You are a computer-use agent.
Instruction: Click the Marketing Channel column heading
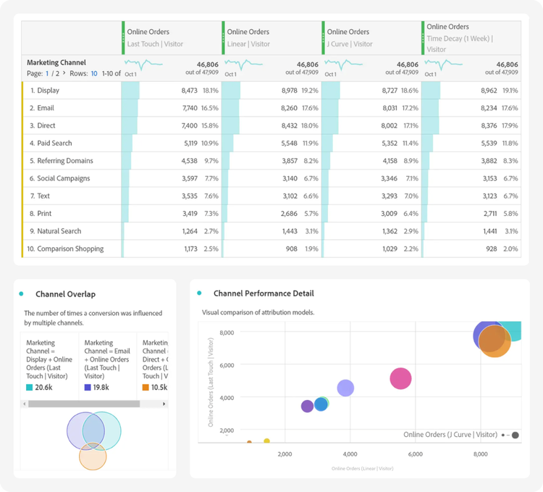point(56,62)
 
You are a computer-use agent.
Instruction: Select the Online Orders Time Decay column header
point(458,38)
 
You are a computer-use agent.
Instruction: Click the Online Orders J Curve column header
point(350,38)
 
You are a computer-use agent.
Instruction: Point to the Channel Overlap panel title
point(65,294)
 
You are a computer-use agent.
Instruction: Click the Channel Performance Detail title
point(264,293)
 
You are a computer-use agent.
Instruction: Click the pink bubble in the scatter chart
point(400,378)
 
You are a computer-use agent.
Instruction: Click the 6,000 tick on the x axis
point(415,454)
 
